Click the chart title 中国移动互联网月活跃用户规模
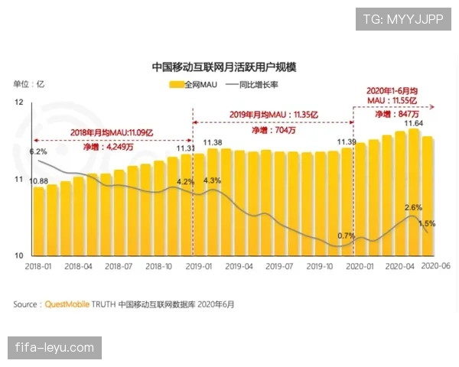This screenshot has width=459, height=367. click(224, 67)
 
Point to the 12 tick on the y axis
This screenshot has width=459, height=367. click(19, 102)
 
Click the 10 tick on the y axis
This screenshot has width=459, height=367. click(19, 255)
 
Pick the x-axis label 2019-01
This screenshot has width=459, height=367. click(197, 266)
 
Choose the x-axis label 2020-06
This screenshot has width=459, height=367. click(436, 266)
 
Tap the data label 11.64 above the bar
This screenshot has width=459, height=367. click(414, 123)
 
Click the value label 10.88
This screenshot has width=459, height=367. click(38, 181)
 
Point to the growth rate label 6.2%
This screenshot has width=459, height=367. click(38, 152)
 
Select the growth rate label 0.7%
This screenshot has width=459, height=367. click(346, 235)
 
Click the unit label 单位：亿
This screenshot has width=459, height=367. click(29, 83)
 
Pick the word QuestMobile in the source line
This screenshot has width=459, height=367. click(68, 304)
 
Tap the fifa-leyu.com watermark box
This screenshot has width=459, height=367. click(54, 348)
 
